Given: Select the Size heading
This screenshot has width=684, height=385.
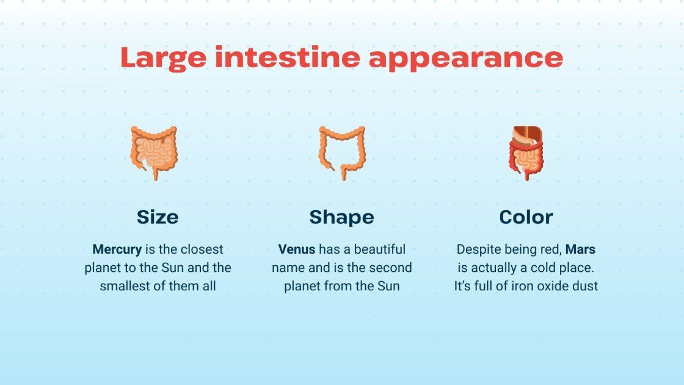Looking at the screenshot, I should (158, 217).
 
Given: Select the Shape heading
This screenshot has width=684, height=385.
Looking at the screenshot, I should (341, 217).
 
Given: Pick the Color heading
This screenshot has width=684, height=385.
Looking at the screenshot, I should (526, 217).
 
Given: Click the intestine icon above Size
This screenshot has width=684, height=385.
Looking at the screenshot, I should (154, 152).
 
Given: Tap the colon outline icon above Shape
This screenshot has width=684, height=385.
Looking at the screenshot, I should (341, 152).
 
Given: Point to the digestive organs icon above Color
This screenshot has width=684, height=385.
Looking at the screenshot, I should (525, 152).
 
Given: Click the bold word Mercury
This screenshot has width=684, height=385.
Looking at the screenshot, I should (117, 249).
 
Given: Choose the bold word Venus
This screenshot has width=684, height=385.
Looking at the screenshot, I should (297, 249).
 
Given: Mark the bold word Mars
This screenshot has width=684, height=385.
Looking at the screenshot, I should (580, 249).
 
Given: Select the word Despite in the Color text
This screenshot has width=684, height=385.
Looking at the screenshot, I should (478, 249).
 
